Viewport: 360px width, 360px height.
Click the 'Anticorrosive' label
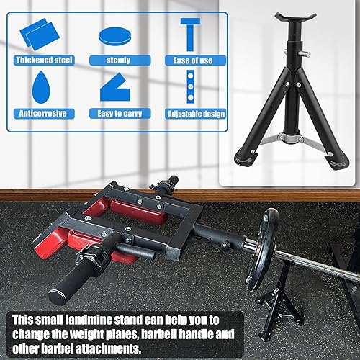point(43,114)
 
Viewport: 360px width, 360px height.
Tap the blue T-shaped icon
point(191,34)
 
